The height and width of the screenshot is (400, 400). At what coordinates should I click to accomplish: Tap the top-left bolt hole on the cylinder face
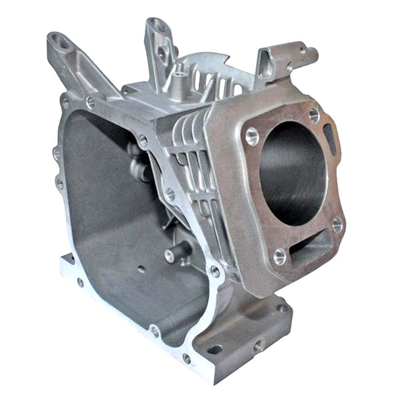point(251,136)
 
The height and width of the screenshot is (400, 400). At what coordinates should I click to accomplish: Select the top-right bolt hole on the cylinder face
point(314,114)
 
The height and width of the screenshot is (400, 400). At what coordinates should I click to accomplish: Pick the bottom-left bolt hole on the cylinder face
point(279,256)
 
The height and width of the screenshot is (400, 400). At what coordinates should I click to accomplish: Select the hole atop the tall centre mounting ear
point(158,27)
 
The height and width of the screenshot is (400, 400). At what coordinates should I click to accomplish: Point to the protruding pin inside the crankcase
point(176,254)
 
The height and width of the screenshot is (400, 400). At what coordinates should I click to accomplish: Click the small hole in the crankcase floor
point(141,269)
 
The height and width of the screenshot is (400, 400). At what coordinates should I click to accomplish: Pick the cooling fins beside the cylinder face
point(191,164)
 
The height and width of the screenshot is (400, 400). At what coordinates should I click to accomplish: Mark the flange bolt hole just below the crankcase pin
point(215,270)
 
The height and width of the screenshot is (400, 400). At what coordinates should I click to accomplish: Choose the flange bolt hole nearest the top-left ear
point(90,103)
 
